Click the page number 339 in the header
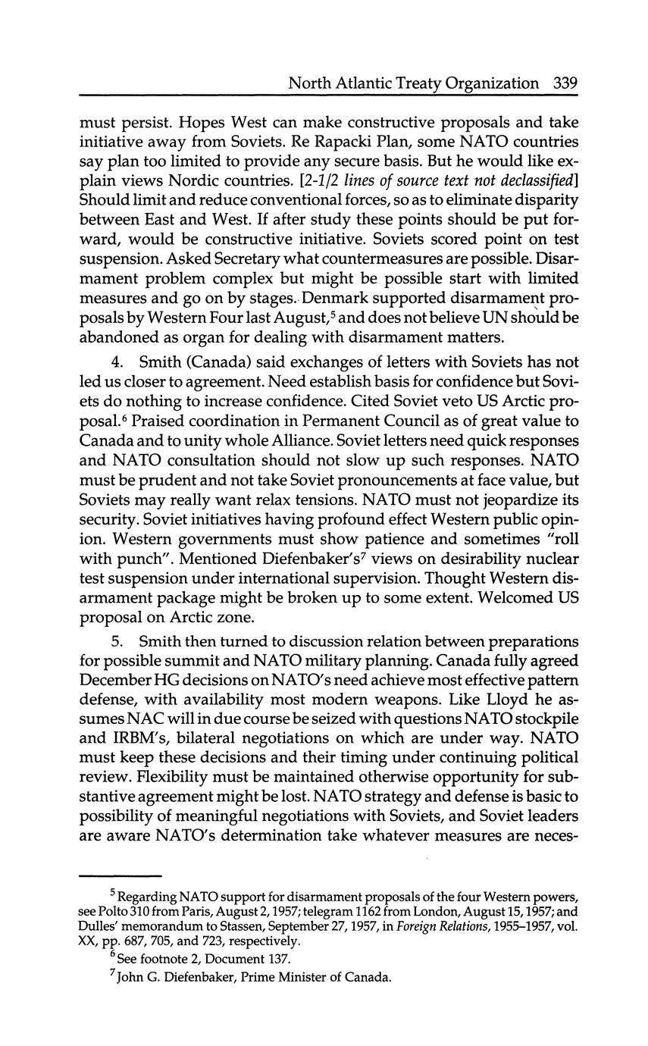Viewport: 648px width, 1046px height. click(565, 83)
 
